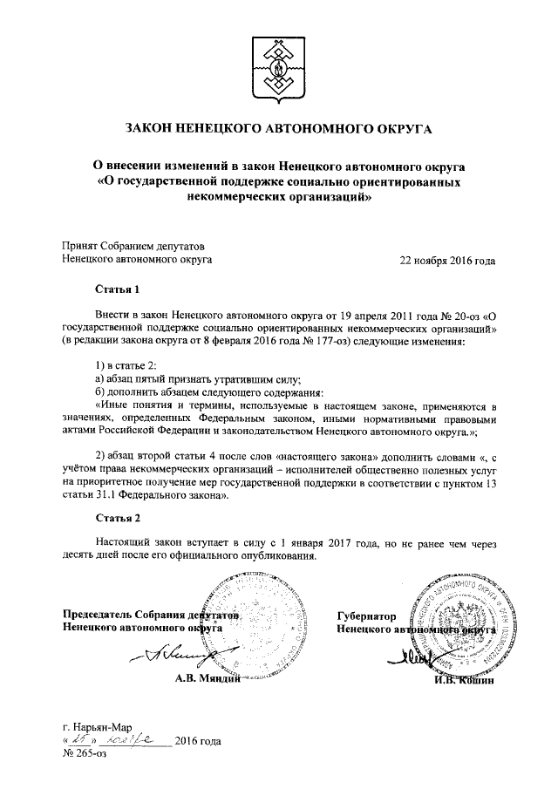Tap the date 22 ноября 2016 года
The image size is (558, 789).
pos(446,260)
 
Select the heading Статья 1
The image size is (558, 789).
pos(117,289)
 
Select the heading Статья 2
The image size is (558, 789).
pos(117,519)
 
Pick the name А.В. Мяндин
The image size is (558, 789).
pos(207,678)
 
